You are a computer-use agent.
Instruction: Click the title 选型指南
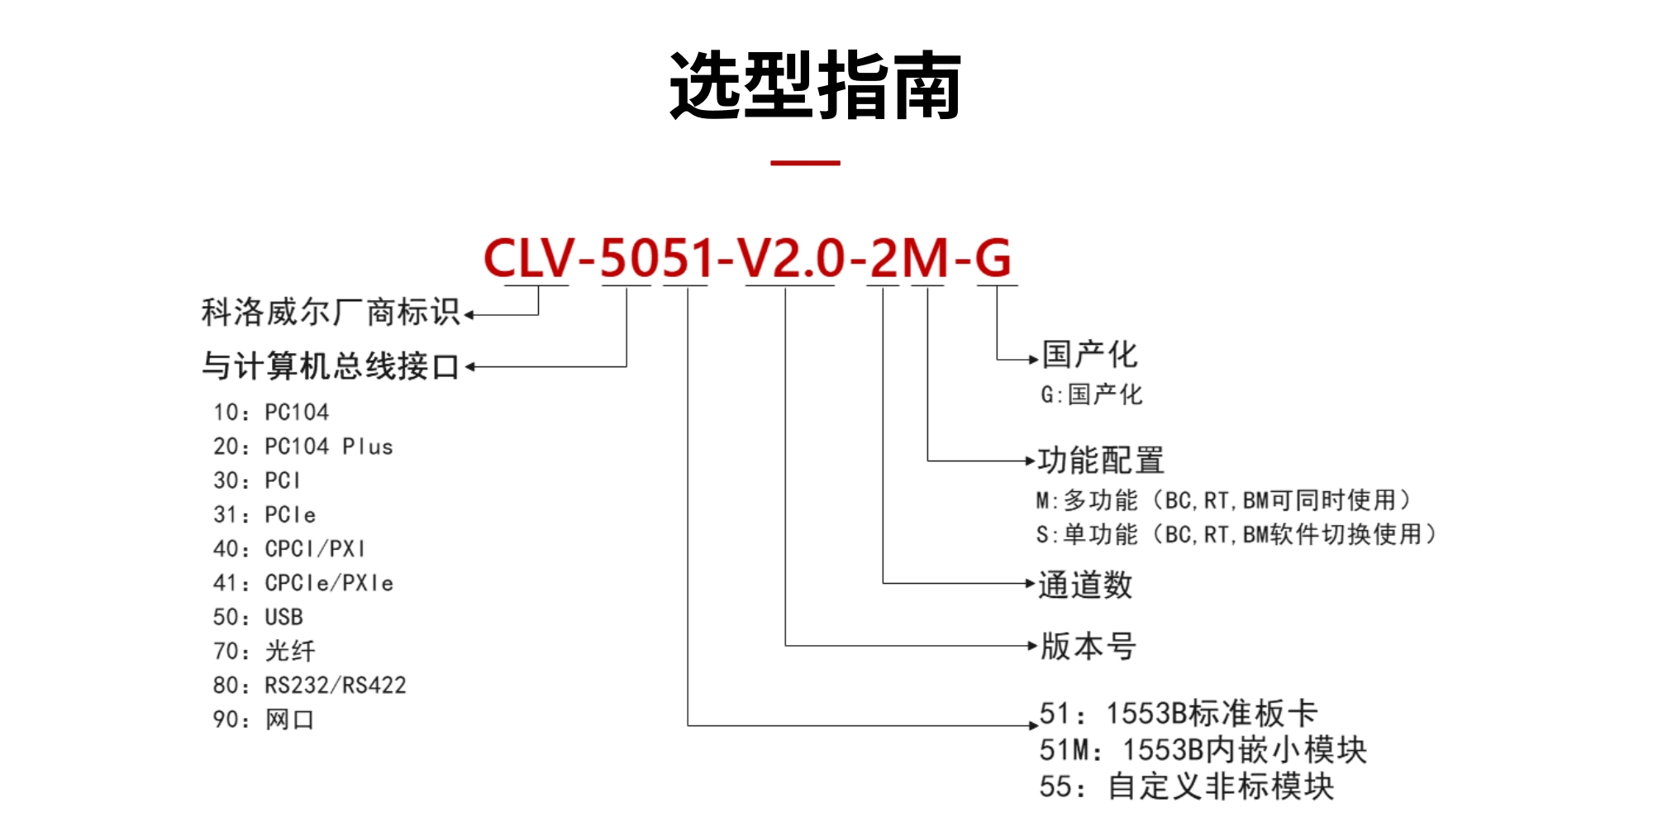click(815, 86)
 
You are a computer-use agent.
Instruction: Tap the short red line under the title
click(805, 163)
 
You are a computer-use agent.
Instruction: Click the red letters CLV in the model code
click(528, 258)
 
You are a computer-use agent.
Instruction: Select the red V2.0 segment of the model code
click(791, 258)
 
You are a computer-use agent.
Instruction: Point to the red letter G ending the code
click(993, 258)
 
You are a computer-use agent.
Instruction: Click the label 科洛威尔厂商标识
click(331, 313)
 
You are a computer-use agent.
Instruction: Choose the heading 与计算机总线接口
click(331, 366)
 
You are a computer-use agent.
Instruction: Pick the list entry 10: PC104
click(271, 412)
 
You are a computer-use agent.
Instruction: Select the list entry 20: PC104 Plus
click(302, 447)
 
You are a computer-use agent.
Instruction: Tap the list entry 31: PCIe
click(264, 514)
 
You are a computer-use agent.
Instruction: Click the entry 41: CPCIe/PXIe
click(302, 583)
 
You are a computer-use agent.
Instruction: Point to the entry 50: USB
click(258, 617)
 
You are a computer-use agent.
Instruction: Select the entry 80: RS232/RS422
click(309, 686)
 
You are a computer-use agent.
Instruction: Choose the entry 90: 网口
click(264, 719)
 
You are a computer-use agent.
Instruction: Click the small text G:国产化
click(1091, 394)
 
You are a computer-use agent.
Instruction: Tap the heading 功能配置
click(1101, 461)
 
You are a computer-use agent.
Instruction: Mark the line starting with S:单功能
click(1236, 535)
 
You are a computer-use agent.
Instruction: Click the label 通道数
click(1085, 585)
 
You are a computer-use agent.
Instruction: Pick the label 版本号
click(1088, 646)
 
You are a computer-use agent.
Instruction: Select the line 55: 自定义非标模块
click(1187, 786)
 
